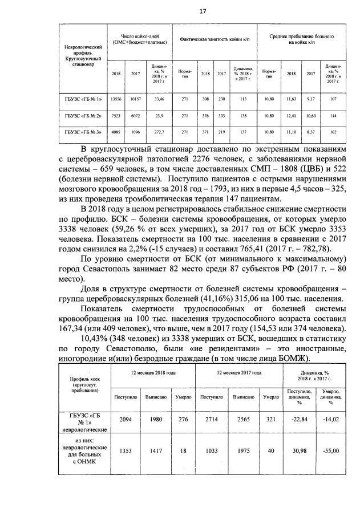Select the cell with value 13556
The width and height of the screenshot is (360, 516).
116,99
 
